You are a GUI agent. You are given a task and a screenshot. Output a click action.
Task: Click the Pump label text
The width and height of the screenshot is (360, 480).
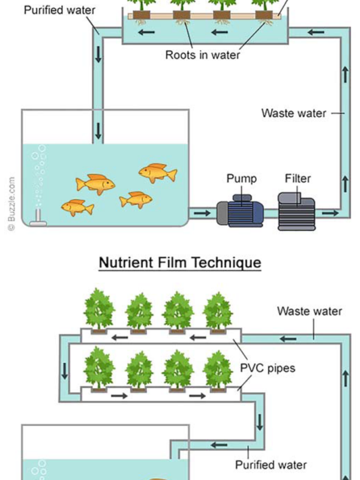(242, 178)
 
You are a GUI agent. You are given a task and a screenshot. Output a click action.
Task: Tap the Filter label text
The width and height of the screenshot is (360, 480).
(298, 178)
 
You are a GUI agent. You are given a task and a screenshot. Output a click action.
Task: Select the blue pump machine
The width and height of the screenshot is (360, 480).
(240, 211)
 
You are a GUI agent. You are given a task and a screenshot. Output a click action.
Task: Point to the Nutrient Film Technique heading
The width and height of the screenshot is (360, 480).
(180, 263)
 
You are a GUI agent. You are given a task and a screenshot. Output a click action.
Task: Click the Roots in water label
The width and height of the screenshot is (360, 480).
(203, 55)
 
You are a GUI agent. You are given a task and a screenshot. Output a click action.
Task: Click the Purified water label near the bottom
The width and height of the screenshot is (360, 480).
(271, 464)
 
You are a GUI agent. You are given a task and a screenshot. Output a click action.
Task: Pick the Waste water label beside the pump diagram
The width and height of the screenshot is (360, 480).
(293, 113)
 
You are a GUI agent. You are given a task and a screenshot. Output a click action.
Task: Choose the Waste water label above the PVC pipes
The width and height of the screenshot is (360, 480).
(310, 311)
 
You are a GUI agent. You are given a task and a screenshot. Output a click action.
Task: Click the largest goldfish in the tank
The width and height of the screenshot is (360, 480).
(95, 183)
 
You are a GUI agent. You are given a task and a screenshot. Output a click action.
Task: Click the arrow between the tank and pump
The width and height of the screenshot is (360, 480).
(202, 212)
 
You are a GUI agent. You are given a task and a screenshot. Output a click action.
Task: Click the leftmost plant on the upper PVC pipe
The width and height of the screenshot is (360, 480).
(99, 310)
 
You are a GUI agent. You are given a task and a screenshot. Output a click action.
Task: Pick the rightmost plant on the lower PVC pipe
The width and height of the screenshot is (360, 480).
(217, 369)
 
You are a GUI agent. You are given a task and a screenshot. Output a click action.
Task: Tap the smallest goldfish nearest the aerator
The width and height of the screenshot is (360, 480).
(77, 208)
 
